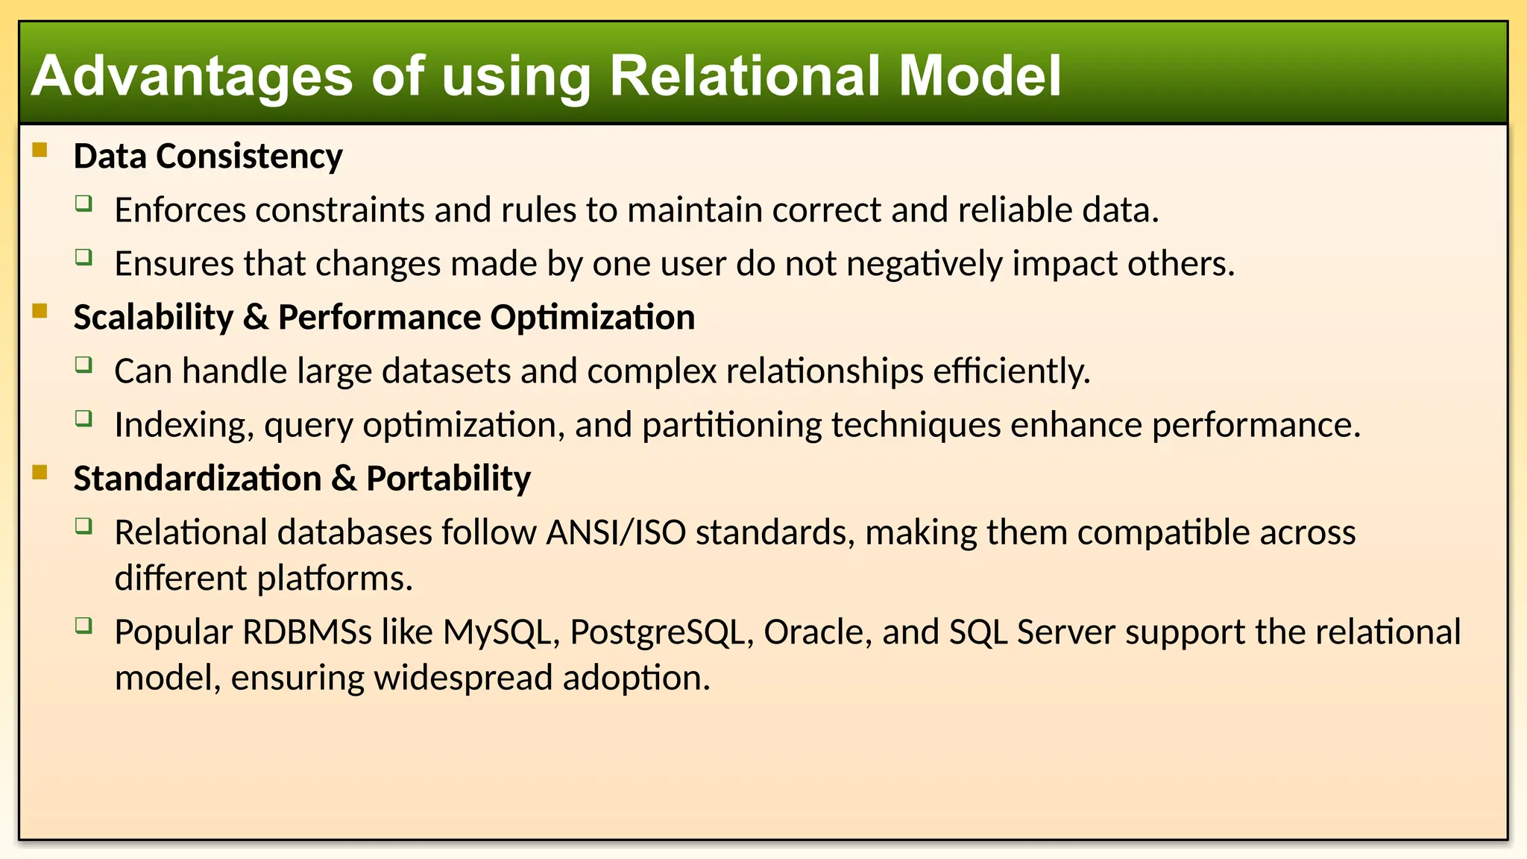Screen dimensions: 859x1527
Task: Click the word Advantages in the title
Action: click(192, 76)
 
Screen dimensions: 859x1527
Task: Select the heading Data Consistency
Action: click(207, 157)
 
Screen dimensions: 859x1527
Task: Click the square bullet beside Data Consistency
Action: click(40, 151)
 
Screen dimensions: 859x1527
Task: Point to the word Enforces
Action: click(180, 210)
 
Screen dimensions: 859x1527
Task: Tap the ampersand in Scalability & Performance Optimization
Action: click(256, 318)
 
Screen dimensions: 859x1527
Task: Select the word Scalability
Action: click(153, 318)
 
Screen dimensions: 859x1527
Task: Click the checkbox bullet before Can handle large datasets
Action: click(84, 365)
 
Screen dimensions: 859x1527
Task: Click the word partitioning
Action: click(731, 425)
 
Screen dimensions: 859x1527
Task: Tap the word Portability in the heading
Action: click(448, 479)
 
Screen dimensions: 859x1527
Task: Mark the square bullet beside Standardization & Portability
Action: click(40, 473)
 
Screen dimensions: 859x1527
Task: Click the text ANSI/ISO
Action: click(615, 532)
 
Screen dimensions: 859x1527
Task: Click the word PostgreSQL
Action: click(661, 632)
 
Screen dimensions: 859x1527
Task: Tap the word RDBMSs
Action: click(306, 632)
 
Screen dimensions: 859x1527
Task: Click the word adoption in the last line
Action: click(636, 679)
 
